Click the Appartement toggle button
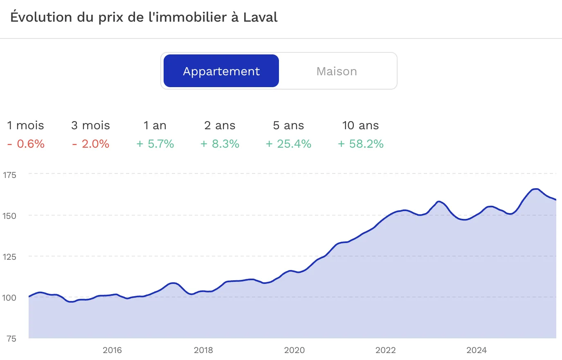click(x=221, y=71)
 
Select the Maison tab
click(x=337, y=71)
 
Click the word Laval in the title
click(x=260, y=17)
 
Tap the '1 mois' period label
click(x=25, y=125)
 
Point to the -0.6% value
click(x=26, y=144)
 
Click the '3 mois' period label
click(x=90, y=125)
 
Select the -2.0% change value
click(x=90, y=144)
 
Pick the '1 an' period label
click(x=155, y=125)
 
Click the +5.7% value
click(x=155, y=144)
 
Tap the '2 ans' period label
click(x=220, y=125)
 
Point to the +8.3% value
click(x=220, y=144)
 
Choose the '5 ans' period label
click(x=288, y=125)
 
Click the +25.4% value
click(x=288, y=144)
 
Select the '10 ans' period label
click(x=360, y=125)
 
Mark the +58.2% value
click(x=360, y=144)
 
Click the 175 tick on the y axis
click(x=9, y=175)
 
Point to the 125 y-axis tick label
click(x=9, y=257)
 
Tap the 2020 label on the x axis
click(x=294, y=350)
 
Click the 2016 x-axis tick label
click(x=112, y=350)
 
